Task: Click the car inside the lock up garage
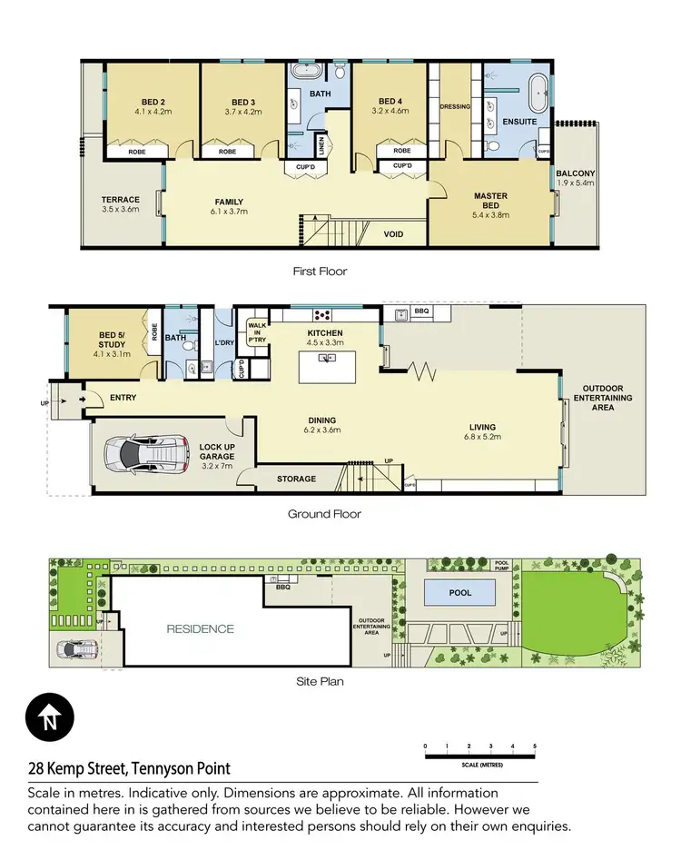145,450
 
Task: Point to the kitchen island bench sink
323,357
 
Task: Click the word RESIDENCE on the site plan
200,628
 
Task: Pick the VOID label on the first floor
393,234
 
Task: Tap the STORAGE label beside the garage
296,479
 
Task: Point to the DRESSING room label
455,106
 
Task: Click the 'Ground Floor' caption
324,514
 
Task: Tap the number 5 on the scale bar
535,746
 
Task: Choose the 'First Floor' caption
320,271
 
